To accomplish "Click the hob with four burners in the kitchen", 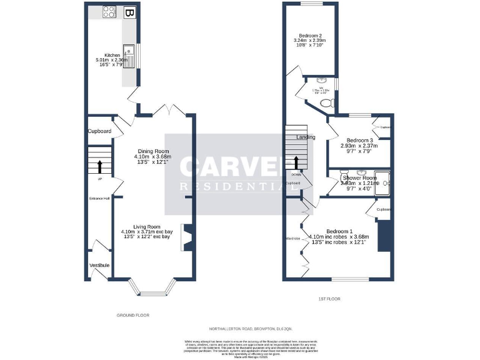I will (x=109, y=11).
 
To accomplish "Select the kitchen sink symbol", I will (x=129, y=56).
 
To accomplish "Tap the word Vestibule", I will (x=99, y=266).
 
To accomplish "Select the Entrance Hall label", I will (x=99, y=198).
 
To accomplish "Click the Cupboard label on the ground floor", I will (x=99, y=131).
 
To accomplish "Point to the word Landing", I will (x=306, y=137).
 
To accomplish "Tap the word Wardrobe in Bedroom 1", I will (x=293, y=238).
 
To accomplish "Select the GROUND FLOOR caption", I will (x=133, y=316).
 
